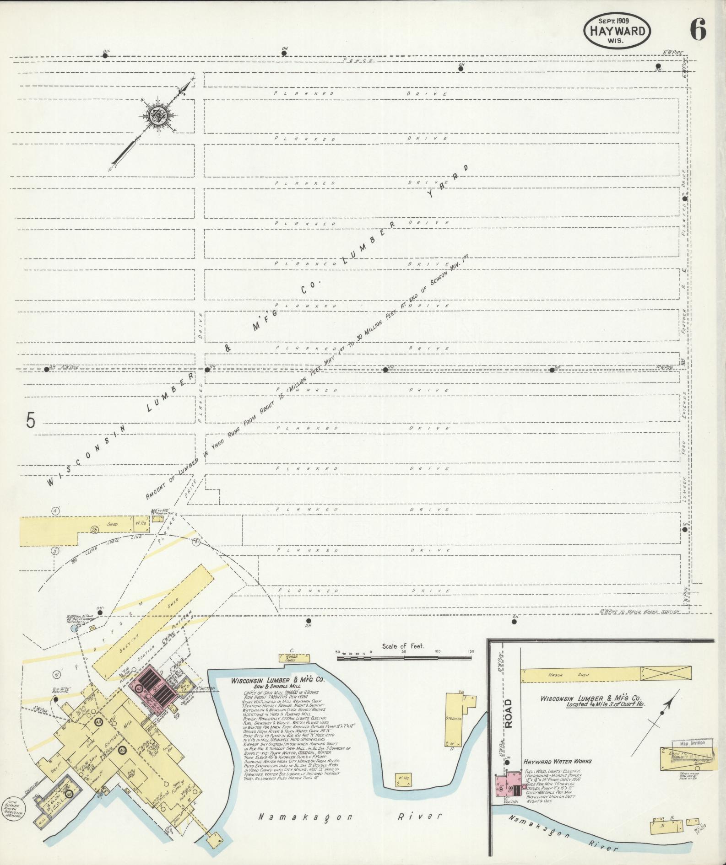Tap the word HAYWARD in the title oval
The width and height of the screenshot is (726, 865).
617,31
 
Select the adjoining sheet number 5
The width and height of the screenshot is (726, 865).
30,420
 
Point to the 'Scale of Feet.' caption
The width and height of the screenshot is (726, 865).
403,646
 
